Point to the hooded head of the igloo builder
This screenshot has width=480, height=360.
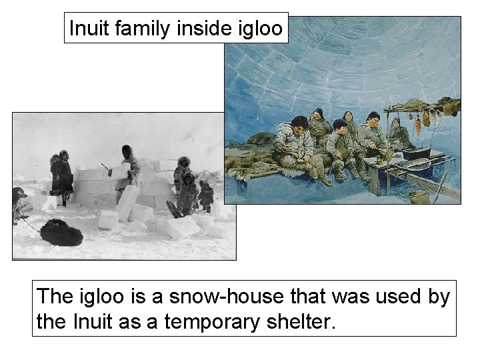pyautogui.click(x=127, y=151)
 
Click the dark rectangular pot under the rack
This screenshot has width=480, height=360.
pyautogui.click(x=415, y=153)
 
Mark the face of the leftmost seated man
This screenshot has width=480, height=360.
pyautogui.click(x=299, y=123)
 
